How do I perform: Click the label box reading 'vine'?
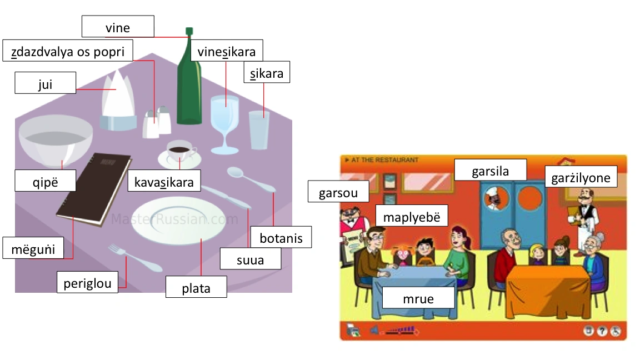click(x=117, y=27)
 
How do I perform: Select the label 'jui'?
click(x=45, y=84)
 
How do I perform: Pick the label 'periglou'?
click(x=87, y=283)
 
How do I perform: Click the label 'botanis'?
click(x=281, y=238)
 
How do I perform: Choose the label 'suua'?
click(x=250, y=259)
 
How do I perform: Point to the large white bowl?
click(x=56, y=141)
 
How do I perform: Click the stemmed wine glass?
click(x=224, y=122)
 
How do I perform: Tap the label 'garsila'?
click(x=491, y=171)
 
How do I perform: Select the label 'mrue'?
click(x=418, y=298)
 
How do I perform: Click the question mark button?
click(x=602, y=331)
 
